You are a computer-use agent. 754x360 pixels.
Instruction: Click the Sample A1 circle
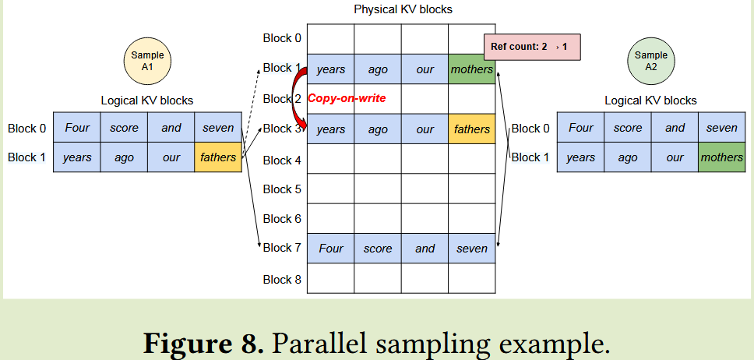(147, 62)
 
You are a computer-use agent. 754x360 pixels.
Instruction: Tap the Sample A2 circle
(651, 62)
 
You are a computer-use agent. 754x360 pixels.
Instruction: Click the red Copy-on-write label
(347, 98)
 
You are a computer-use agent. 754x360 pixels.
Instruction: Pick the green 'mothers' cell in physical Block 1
(471, 69)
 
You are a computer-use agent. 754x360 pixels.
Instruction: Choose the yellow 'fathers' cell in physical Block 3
(471, 129)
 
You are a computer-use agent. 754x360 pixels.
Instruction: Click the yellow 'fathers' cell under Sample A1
(218, 157)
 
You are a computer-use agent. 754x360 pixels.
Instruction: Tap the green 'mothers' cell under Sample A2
(721, 157)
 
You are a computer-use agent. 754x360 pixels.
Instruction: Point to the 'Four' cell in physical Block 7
(331, 249)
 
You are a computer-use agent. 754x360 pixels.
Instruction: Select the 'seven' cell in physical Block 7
(471, 249)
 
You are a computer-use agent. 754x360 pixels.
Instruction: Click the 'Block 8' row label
(281, 279)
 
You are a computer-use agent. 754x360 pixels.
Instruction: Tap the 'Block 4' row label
(281, 160)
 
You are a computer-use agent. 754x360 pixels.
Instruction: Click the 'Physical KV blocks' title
(403, 10)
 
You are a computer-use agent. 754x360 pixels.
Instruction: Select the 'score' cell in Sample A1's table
(124, 128)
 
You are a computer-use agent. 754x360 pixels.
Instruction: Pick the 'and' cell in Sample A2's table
(675, 128)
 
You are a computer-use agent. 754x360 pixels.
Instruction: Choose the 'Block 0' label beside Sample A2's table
(530, 128)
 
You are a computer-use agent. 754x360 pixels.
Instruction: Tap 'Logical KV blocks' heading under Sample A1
(147, 101)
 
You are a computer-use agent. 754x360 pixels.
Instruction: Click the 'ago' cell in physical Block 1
(378, 69)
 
